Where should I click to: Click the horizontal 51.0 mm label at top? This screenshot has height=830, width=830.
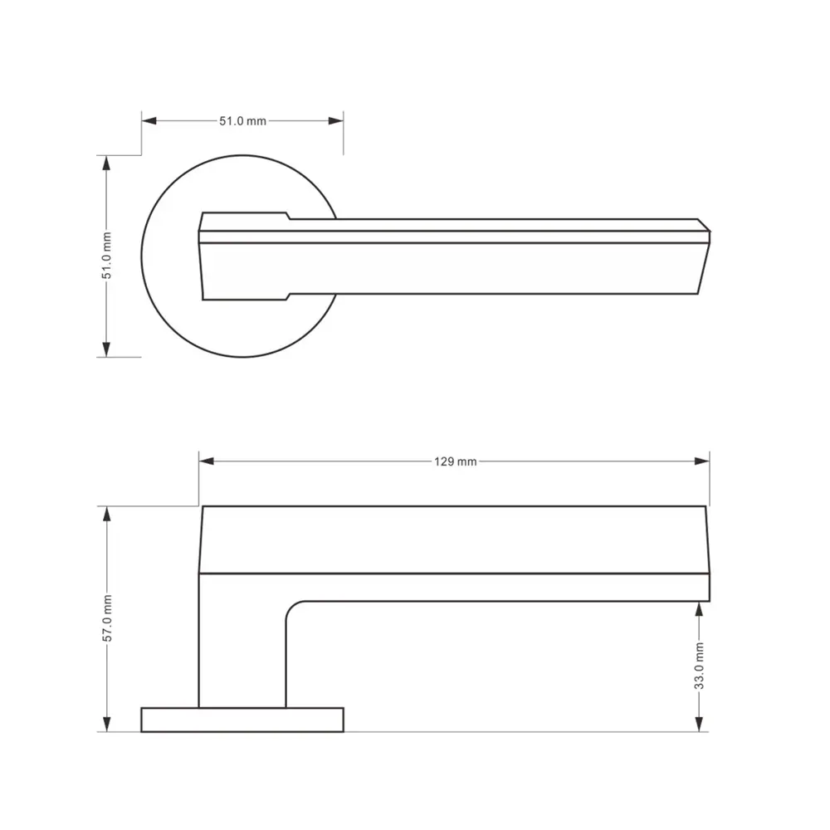coord(242,121)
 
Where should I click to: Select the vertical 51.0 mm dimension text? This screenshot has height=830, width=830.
coord(106,256)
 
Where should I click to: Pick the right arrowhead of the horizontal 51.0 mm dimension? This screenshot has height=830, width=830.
coord(336,121)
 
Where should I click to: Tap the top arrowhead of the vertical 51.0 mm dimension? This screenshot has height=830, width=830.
coord(106,163)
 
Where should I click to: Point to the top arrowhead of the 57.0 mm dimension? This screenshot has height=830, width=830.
coord(106,514)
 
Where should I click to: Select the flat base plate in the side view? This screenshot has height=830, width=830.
coord(242,720)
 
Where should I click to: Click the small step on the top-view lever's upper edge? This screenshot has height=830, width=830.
coord(288,216)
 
